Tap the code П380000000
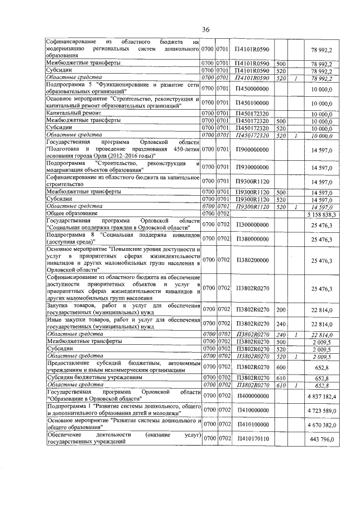point(253,240)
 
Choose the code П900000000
point(253,150)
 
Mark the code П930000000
point(253,167)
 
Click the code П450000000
point(253,89)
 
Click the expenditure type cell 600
point(280,367)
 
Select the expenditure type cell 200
point(280,309)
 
